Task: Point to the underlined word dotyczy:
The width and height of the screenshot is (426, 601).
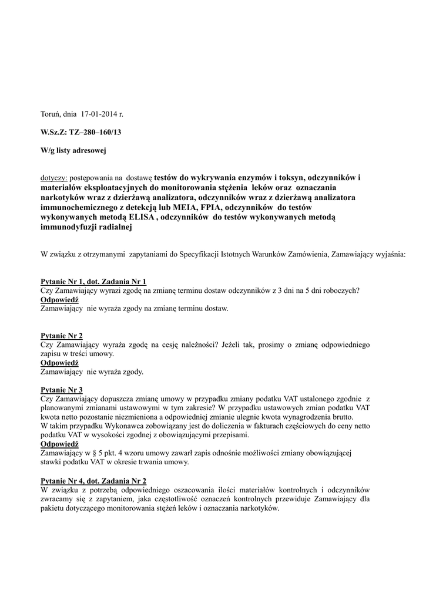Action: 54,177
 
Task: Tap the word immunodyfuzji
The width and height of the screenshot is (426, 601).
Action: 66,227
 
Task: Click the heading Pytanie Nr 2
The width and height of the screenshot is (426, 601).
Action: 62,336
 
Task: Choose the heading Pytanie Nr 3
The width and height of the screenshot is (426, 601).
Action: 62,390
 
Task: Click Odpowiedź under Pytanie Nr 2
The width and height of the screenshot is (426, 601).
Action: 59,363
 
